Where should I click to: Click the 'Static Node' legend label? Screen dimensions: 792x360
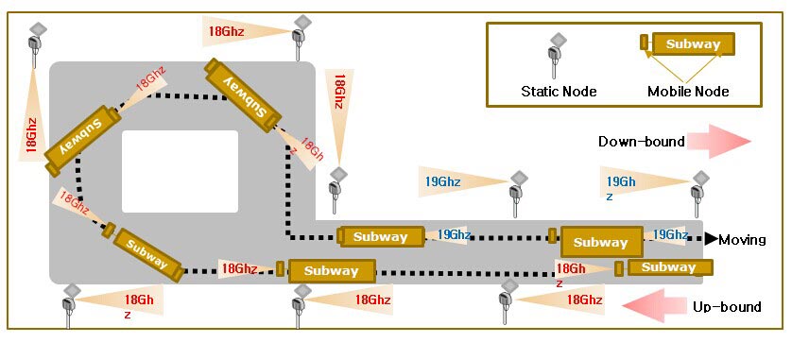[x=559, y=92]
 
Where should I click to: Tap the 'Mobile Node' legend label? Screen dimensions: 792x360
[x=688, y=92]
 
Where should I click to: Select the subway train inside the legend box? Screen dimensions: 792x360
[x=687, y=43]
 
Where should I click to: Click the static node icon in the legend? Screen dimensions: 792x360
[x=555, y=56]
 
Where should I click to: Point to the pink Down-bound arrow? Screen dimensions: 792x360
[x=721, y=142]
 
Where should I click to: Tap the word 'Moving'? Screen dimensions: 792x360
[x=742, y=240]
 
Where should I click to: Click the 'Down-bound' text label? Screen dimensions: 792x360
[x=642, y=142]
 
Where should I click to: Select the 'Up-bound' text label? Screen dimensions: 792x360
[x=727, y=306]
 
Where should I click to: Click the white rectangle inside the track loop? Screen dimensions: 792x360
[x=180, y=171]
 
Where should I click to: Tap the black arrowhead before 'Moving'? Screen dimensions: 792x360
[x=711, y=239]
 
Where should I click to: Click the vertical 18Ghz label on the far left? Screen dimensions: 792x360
[x=31, y=135]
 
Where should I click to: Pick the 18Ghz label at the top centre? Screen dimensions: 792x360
[x=226, y=31]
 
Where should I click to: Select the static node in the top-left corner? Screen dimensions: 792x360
[x=36, y=44]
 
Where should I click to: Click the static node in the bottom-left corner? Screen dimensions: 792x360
[x=70, y=306]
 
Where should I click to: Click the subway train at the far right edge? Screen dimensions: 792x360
[x=663, y=267]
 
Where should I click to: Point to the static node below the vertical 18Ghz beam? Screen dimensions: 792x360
[x=336, y=190]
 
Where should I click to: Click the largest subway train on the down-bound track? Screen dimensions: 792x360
[x=596, y=241]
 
